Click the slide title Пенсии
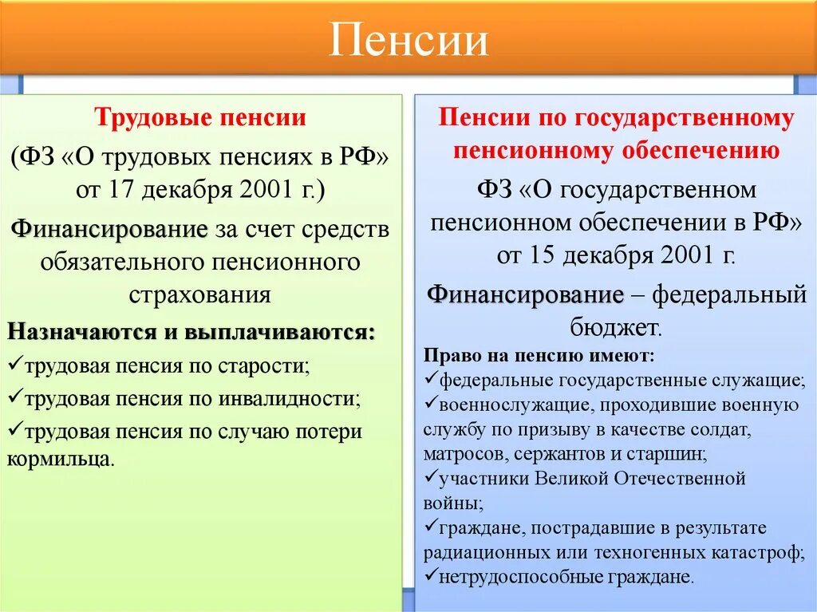click(408, 40)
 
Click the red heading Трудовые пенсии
click(200, 118)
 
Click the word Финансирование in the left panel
click(109, 230)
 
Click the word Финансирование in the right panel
click(525, 294)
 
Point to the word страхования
click(199, 294)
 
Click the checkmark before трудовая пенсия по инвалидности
click(15, 397)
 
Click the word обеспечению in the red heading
click(705, 149)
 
